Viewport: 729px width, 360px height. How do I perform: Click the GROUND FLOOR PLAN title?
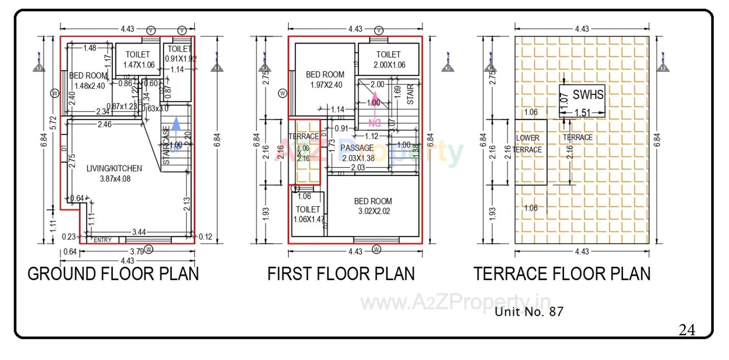113,274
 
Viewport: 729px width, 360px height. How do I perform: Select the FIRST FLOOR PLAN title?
341,274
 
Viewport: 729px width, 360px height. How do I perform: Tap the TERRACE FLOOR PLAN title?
562,274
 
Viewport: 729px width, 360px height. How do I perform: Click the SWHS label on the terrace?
588,95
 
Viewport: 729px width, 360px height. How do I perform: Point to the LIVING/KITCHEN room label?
114,173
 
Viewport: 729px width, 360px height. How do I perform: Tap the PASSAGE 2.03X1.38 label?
357,153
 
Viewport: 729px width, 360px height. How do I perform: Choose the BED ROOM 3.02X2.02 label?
373,206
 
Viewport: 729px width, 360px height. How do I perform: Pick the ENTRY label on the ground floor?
103,240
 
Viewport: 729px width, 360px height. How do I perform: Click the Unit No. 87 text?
529,312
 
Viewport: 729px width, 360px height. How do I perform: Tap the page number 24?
687,330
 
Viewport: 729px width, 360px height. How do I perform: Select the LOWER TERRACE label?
527,144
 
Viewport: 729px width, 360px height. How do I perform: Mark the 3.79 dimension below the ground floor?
137,251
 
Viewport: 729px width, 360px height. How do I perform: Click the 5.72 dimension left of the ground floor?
53,122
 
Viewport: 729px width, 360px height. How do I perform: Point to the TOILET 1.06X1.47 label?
308,214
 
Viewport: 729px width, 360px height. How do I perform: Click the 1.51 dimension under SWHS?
582,113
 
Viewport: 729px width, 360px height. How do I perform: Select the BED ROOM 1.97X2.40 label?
325,80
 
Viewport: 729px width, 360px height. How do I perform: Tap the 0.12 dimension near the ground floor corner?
205,237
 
